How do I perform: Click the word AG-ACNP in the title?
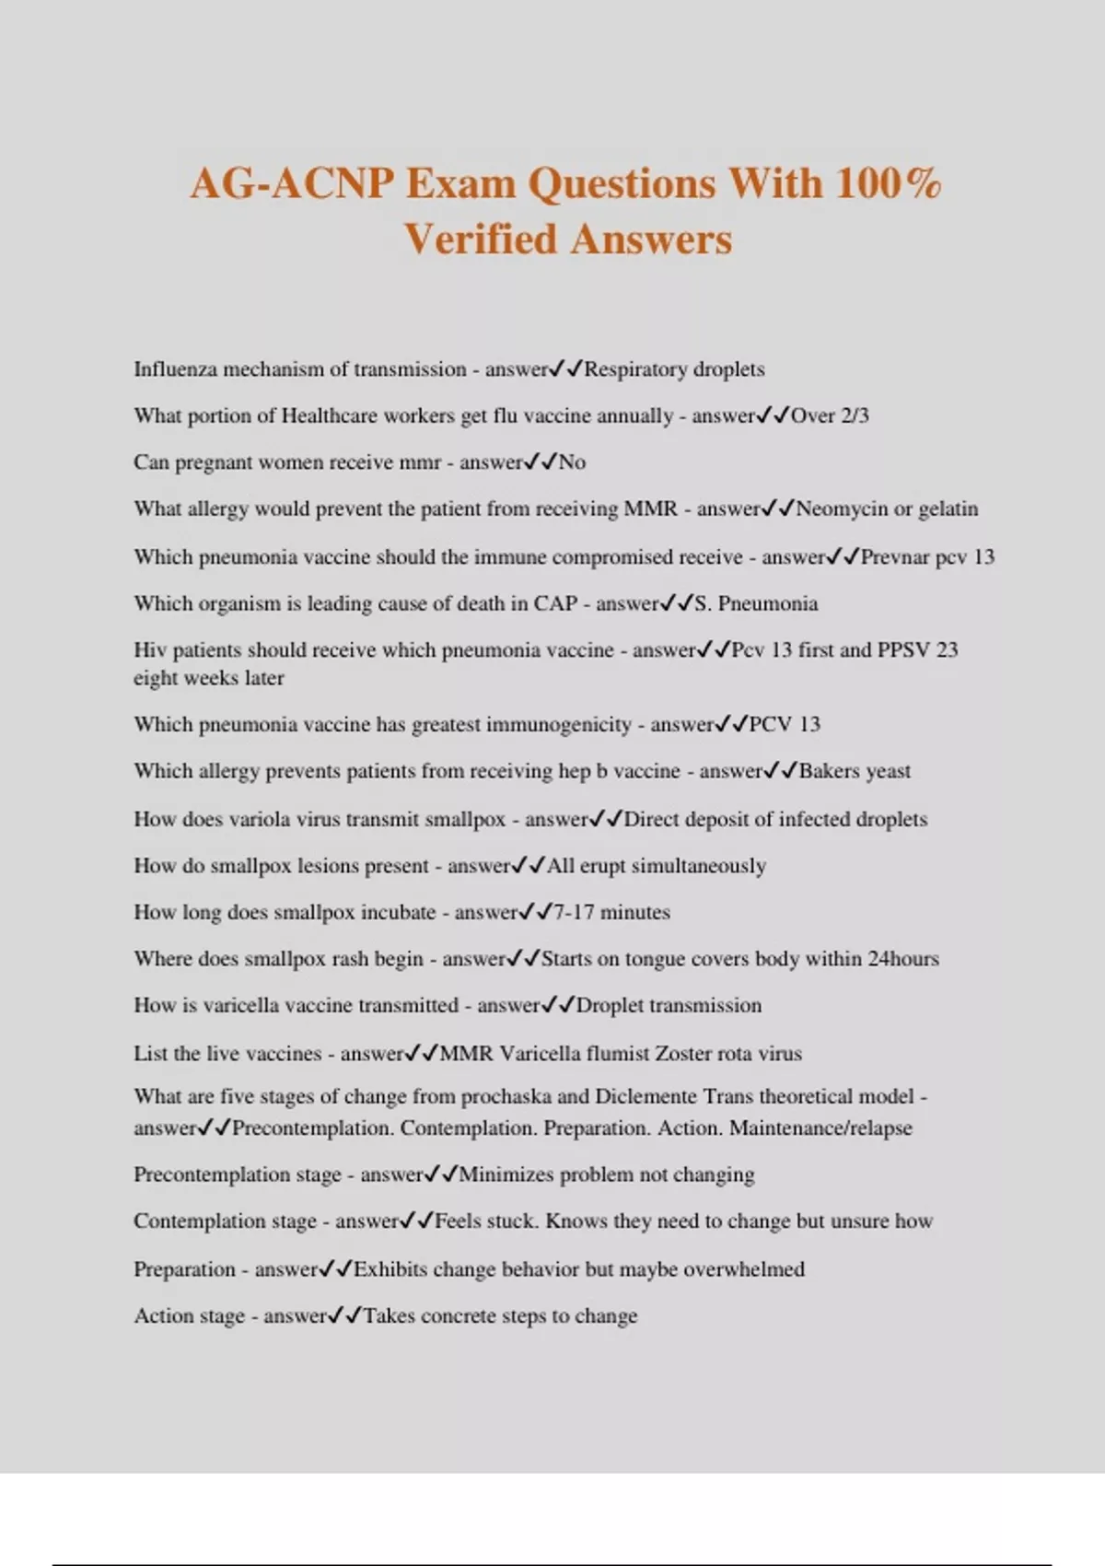tap(292, 183)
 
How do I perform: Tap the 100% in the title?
tap(889, 183)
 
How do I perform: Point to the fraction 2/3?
tap(855, 415)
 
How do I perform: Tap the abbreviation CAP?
tap(555, 603)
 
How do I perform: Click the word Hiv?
tap(149, 649)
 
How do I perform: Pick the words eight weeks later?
tap(209, 678)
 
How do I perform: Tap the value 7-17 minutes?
tap(611, 912)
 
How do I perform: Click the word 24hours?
tap(903, 959)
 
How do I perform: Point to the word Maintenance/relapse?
tap(820, 1128)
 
